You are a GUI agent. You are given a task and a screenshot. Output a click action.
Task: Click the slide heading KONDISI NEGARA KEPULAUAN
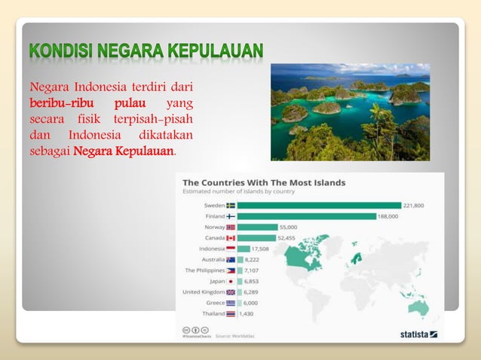pos(146,51)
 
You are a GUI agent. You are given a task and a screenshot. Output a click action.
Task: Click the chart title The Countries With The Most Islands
pos(264,182)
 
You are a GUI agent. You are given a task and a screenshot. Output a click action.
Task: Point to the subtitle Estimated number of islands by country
pos(239,191)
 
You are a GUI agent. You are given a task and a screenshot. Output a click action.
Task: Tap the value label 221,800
pos(414,205)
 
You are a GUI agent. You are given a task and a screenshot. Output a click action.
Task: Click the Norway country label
pos(214,227)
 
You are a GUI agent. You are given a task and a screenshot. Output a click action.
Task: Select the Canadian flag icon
pos(231,238)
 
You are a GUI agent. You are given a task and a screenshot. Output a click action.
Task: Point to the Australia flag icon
pos(231,259)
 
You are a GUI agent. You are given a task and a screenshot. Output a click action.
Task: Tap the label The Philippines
pos(205,270)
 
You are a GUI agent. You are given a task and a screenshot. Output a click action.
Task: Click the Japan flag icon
pos(231,281)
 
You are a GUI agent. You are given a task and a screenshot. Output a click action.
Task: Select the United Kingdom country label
pos(204,291)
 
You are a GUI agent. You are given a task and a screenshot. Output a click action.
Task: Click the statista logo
pos(418,333)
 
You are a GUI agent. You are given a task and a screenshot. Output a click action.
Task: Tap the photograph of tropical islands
pos(350,111)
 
